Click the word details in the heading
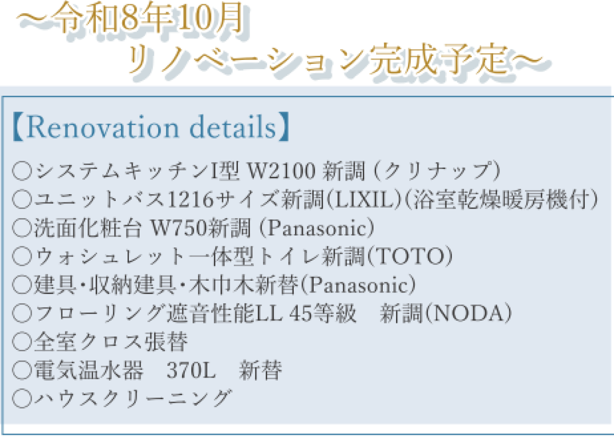coord(232,127)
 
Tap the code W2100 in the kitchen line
coord(281,171)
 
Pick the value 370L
coord(191,370)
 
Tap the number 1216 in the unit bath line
coord(190,199)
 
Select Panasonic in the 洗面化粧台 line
coord(317,228)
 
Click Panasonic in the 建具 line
coord(359,285)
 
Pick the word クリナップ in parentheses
coord(437,171)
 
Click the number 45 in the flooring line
coord(301,313)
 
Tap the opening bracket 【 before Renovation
coord(18,127)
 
